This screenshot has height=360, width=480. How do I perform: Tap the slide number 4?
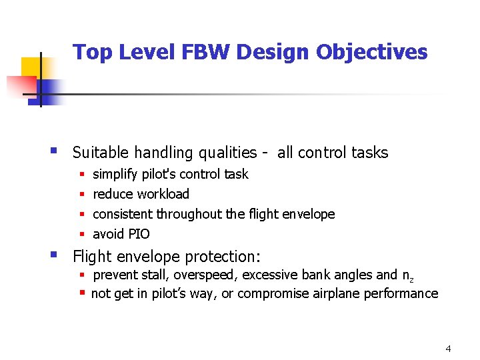point(448,349)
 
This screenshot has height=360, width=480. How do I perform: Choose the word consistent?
point(123,214)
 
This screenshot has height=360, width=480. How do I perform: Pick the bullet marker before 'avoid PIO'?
point(81,234)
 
